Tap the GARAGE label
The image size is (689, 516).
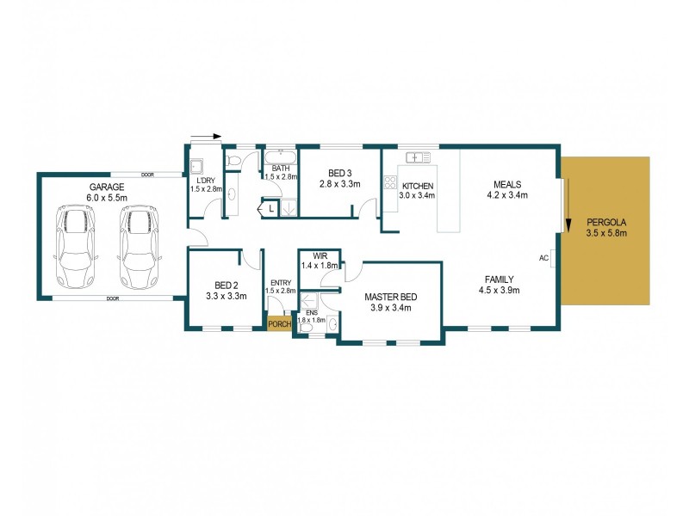point(107,187)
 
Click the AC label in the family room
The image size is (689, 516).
point(543,257)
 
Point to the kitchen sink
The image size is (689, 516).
point(419,157)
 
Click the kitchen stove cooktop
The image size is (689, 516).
point(389,182)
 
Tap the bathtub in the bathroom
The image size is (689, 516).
point(281,157)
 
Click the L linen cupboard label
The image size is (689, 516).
point(270,208)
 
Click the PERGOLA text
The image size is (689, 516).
point(606,221)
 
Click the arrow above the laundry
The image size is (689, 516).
point(208,136)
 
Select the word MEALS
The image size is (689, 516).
point(507,184)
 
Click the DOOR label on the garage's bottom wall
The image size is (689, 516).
point(112,299)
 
